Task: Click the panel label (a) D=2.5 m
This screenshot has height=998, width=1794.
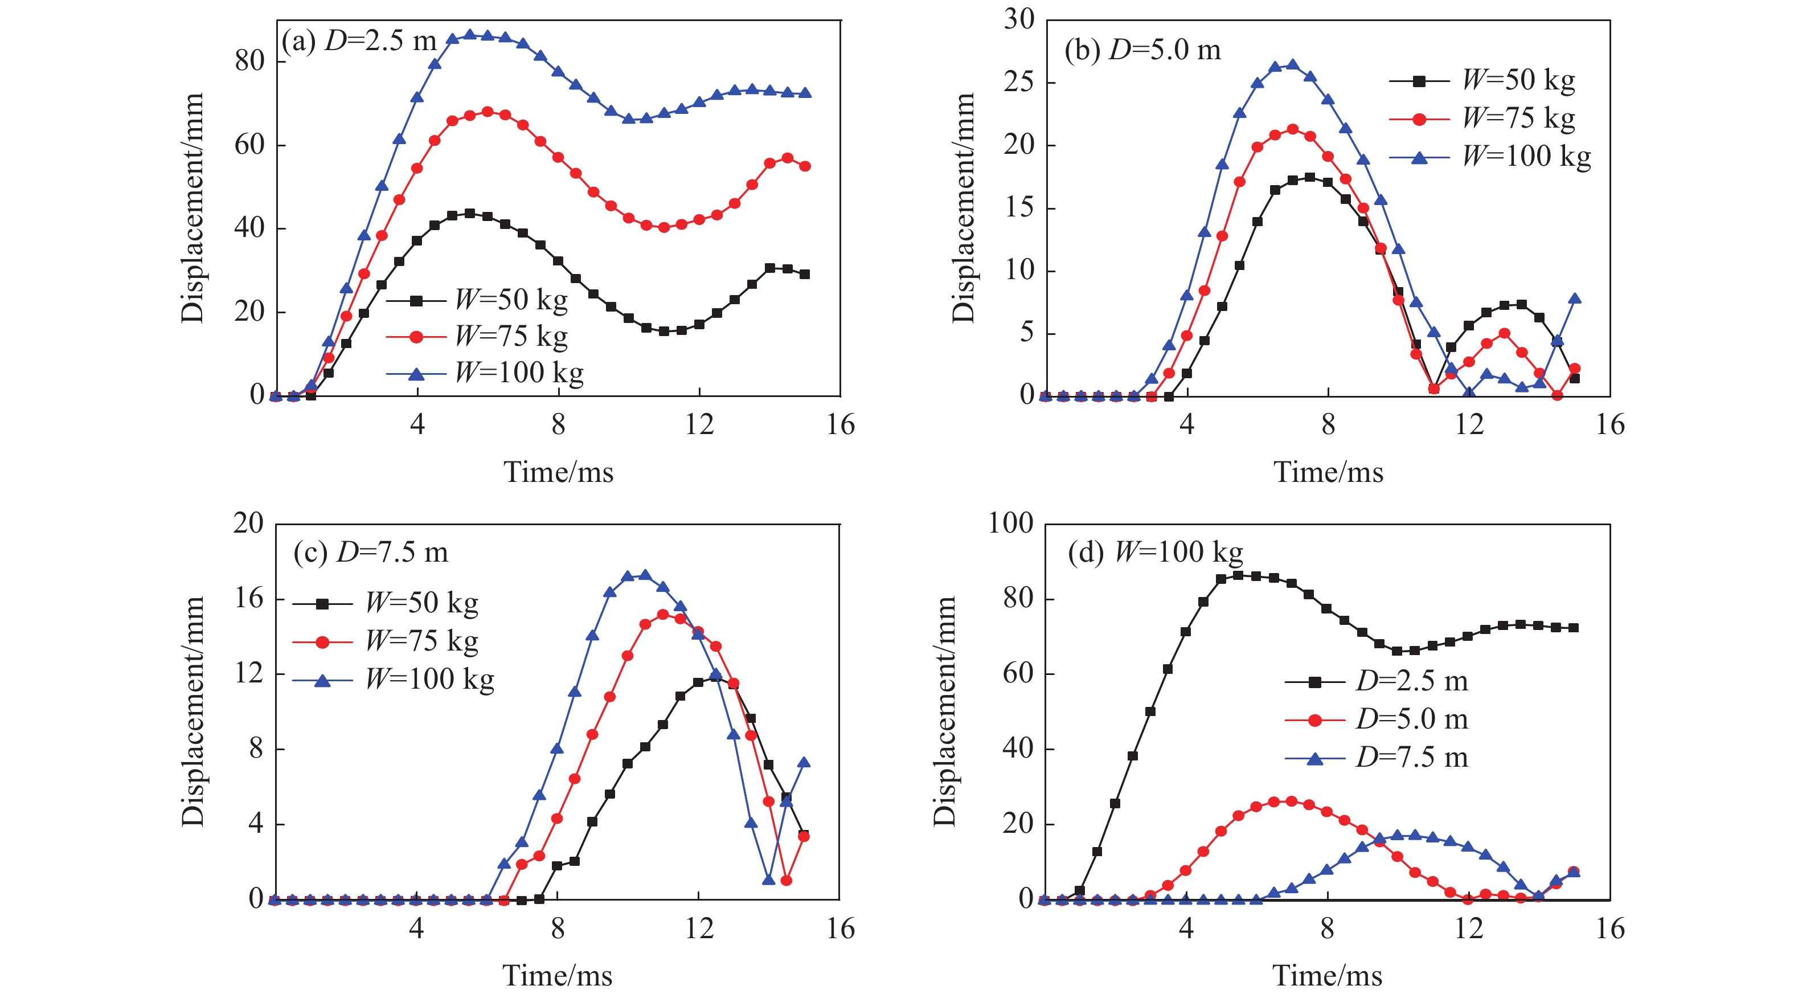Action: coord(359,42)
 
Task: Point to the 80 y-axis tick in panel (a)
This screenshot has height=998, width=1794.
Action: coord(249,62)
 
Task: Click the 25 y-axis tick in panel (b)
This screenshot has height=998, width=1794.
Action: coord(1019,82)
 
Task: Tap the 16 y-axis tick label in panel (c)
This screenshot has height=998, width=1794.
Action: coord(249,598)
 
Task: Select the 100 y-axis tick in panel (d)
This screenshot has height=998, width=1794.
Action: coord(1010,523)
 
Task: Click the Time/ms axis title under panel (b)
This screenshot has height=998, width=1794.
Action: coord(1328,473)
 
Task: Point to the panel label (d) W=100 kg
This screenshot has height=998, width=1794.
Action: coord(1154,553)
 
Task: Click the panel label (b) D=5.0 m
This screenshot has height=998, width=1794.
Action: coord(1142,50)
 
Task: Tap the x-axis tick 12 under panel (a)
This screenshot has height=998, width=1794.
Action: coord(699,424)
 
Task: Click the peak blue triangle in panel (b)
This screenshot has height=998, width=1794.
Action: coord(1293,66)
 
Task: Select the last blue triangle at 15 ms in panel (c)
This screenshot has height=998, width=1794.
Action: coord(804,763)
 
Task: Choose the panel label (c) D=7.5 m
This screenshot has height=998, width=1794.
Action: coord(371,553)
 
